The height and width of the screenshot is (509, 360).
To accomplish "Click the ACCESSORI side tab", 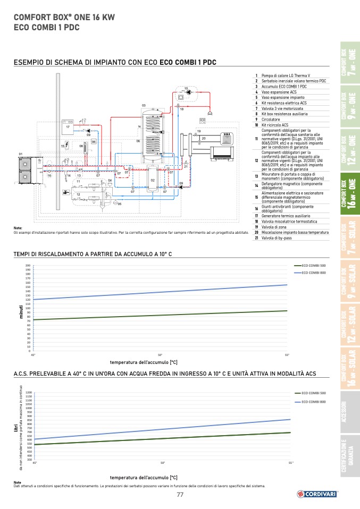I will pos(348,412).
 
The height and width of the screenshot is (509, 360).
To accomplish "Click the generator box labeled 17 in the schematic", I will pos(68,126).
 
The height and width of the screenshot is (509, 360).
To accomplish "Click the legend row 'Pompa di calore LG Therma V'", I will pos(287,76).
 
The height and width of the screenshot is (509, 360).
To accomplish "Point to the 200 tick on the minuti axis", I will pos(28,265).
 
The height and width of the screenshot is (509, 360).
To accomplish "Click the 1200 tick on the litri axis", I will pos(29,393).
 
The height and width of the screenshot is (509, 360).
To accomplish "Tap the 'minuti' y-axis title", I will pos(22,312).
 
